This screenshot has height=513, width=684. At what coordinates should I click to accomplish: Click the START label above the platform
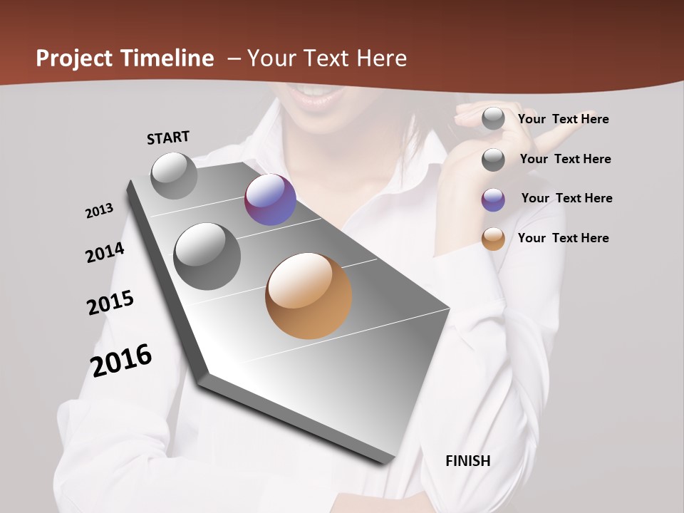168,138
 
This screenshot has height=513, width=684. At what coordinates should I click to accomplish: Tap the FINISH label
467,461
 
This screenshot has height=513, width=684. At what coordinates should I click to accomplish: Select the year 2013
100,211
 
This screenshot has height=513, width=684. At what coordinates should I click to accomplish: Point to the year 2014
105,252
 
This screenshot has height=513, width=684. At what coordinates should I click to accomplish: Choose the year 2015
110,303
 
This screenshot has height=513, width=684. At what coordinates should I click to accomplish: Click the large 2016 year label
121,360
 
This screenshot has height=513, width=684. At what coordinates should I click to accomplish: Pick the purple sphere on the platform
270,199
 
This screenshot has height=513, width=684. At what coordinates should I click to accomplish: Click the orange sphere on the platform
309,296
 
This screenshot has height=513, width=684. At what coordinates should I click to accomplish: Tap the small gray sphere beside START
174,175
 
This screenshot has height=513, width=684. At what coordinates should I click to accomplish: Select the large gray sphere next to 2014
207,256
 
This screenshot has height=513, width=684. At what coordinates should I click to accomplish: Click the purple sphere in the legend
493,199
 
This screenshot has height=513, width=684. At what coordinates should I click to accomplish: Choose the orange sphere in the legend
493,239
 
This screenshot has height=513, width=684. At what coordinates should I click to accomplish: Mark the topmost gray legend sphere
493,118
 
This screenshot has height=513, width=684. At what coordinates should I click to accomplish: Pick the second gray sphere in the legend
493,160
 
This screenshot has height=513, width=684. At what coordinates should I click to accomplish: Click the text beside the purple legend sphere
566,198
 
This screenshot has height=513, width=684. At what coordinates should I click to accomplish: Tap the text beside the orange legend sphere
564,238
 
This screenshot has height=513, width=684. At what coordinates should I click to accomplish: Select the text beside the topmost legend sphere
564,119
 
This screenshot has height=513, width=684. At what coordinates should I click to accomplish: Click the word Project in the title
76,58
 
